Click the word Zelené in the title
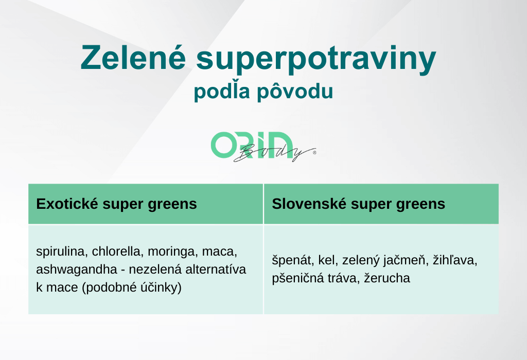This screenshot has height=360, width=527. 133,57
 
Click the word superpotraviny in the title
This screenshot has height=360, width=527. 317,60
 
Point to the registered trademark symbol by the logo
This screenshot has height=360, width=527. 314,152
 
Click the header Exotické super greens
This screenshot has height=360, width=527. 116,204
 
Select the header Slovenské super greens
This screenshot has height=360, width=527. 358,204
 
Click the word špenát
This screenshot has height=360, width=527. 293,260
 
